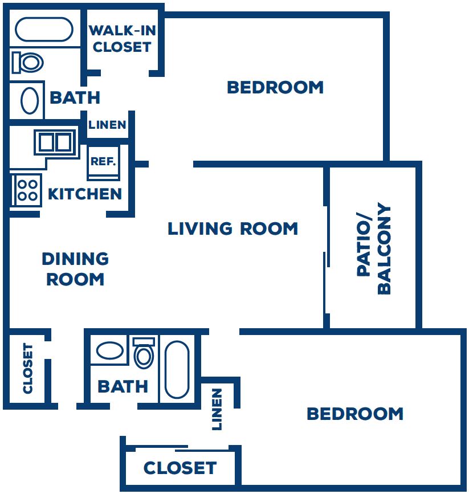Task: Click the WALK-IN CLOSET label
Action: (122, 39)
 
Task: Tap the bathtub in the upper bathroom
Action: (44, 30)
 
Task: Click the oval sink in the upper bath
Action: (30, 101)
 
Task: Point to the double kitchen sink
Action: (55, 141)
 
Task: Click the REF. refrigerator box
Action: (103, 161)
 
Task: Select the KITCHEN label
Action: (85, 194)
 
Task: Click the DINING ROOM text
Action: (75, 269)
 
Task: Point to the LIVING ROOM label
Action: (233, 229)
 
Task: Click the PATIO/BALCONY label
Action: (374, 248)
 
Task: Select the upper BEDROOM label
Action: (275, 87)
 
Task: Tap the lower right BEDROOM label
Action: (354, 414)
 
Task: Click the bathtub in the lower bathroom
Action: (177, 369)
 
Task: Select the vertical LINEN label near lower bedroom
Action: (217, 409)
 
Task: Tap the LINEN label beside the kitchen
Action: (107, 125)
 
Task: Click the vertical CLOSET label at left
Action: (28, 368)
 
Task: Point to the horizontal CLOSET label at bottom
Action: (180, 468)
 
